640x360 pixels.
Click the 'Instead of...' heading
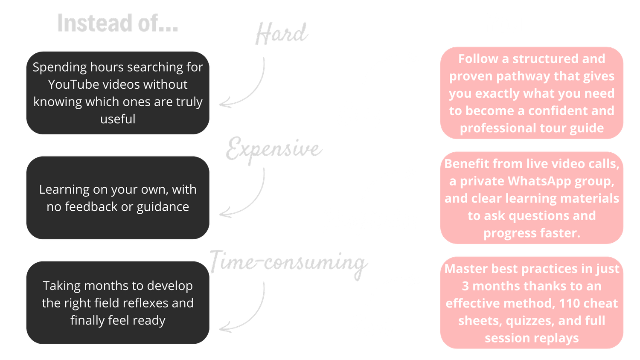[x=118, y=23]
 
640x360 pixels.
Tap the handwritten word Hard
[x=282, y=34]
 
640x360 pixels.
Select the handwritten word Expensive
[x=274, y=149]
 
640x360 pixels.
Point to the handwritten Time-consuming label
[x=288, y=264]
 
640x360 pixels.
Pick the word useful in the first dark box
[x=118, y=119]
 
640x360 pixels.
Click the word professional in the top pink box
[x=498, y=128]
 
